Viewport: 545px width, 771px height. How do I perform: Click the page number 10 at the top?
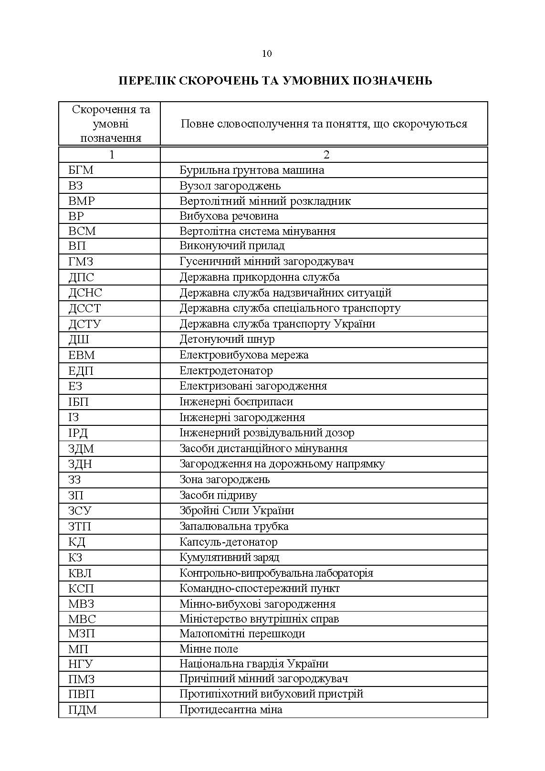pyautogui.click(x=267, y=53)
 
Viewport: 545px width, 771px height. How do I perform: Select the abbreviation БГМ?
pyautogui.click(x=81, y=170)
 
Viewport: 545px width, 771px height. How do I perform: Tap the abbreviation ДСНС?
pyautogui.click(x=85, y=293)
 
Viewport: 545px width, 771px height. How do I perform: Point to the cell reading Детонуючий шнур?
pyautogui.click(x=227, y=339)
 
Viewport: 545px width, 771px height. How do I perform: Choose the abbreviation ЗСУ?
pyautogui.click(x=80, y=511)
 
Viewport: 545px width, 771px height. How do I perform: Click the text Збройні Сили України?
pyautogui.click(x=237, y=511)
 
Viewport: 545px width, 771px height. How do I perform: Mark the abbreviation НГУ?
pyautogui.click(x=80, y=664)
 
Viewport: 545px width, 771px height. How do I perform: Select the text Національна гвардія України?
pyautogui.click(x=254, y=664)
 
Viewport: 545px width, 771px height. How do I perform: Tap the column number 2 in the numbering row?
pyautogui.click(x=326, y=155)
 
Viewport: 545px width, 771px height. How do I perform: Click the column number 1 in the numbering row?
pyautogui.click(x=112, y=155)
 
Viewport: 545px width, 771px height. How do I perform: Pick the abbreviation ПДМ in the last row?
pyautogui.click(x=83, y=710)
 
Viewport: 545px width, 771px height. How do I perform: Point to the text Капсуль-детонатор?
pyautogui.click(x=228, y=542)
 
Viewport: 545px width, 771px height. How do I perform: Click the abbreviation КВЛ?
pyautogui.click(x=80, y=573)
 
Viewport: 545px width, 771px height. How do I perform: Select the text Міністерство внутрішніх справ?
pyautogui.click(x=259, y=619)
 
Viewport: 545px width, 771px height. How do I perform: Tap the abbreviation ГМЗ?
pyautogui.click(x=81, y=262)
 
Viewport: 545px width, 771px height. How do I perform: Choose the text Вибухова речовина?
pyautogui.click(x=229, y=216)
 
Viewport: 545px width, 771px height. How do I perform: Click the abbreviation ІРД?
pyautogui.click(x=78, y=433)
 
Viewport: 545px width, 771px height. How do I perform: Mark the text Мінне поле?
pyautogui.click(x=209, y=649)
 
